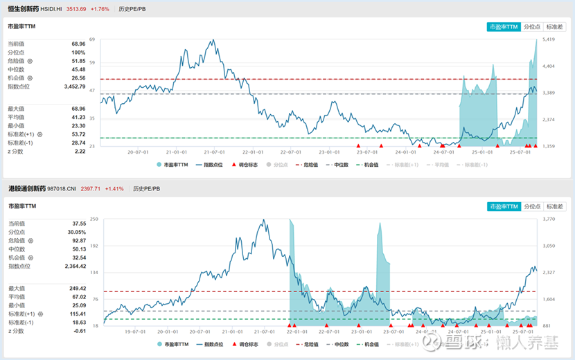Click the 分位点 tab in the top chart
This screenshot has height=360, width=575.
[531, 27]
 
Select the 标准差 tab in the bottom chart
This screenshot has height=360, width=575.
[555, 206]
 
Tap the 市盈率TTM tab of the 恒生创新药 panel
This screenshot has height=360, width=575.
[504, 27]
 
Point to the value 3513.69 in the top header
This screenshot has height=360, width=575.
[76, 8]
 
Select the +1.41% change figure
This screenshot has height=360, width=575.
[113, 188]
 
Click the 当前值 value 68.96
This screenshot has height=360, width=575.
[78, 44]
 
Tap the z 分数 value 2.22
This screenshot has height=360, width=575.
[80, 151]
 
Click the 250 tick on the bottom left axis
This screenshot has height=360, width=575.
[94, 219]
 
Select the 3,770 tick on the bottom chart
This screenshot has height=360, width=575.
[549, 219]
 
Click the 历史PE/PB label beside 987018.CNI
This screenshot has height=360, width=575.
[146, 188]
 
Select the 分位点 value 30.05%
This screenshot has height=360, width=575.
[77, 232]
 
